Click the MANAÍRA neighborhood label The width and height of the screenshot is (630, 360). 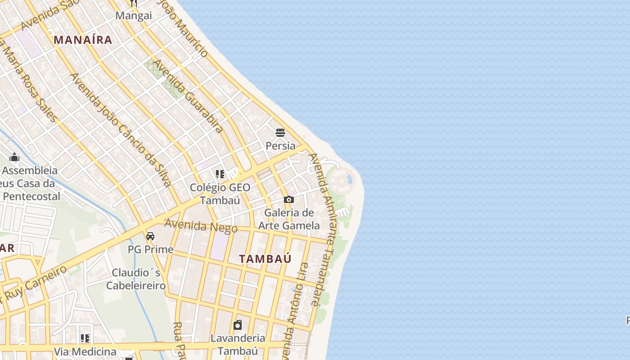tap(83, 40)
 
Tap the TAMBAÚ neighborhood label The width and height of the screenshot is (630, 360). tap(265, 259)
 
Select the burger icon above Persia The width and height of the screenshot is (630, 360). tap(280, 133)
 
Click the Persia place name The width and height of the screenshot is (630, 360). tap(280, 146)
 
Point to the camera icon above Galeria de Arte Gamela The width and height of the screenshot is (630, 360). tap(289, 199)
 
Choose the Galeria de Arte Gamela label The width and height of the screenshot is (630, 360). tap(289, 219)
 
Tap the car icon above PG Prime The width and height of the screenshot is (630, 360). tap(150, 236)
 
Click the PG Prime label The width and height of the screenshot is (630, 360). tap(150, 249)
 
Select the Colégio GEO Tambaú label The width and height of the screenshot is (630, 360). tap(220, 194)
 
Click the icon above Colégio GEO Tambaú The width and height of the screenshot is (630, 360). tap(220, 174)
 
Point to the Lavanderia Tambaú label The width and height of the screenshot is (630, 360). tap(238, 344)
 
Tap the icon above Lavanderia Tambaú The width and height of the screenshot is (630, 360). tap(238, 325)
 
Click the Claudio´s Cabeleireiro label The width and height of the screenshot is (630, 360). tap(136, 279)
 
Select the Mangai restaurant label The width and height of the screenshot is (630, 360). tap(134, 16)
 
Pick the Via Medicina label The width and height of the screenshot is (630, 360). tap(85, 351)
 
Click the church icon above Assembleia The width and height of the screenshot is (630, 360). tap(14, 157)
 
